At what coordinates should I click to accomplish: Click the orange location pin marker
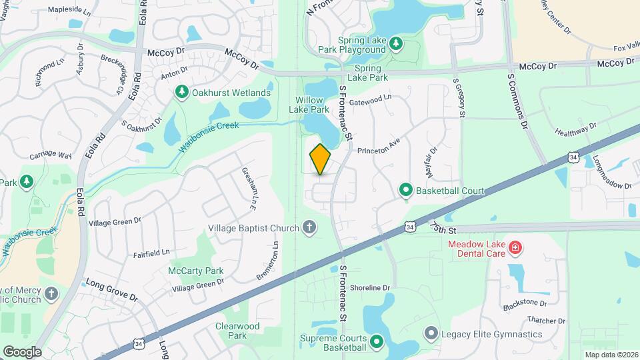pyautogui.click(x=320, y=159)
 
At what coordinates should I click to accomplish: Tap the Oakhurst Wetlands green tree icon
pyautogui.click(x=180, y=92)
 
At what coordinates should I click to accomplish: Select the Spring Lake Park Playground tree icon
pyautogui.click(x=396, y=44)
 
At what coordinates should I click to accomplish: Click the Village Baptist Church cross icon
pyautogui.click(x=309, y=228)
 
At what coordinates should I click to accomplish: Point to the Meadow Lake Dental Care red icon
pyautogui.click(x=514, y=249)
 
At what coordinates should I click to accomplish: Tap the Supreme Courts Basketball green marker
pyautogui.click(x=376, y=342)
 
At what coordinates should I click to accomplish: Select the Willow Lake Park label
pyautogui.click(x=313, y=105)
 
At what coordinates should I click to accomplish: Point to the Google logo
pyautogui.click(x=21, y=351)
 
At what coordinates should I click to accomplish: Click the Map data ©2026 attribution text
pyautogui.click(x=611, y=355)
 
